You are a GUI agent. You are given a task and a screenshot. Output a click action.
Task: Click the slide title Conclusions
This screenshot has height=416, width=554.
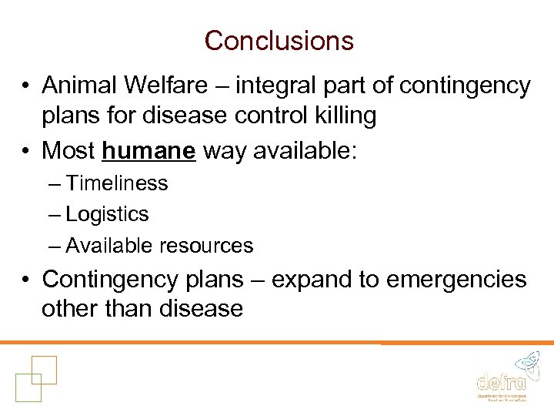279,41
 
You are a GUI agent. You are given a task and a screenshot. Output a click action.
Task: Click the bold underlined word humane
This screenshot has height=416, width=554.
149,150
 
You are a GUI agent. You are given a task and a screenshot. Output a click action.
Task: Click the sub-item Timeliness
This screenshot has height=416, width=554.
116,183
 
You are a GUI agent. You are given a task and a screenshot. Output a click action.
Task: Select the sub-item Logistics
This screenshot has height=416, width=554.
107,214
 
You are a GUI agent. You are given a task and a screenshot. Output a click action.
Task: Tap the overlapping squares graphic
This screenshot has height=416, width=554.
35,377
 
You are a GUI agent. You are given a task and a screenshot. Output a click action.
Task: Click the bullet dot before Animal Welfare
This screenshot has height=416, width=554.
25,86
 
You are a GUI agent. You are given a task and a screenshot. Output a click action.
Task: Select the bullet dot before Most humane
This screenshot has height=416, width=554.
25,151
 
